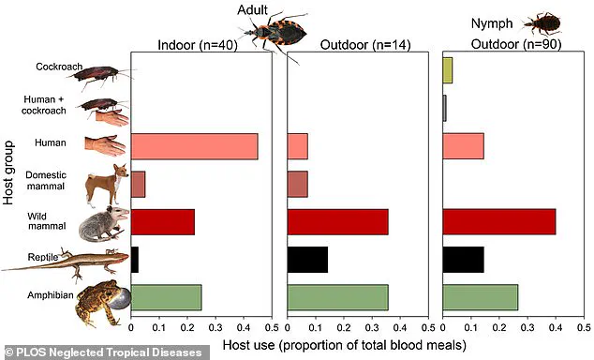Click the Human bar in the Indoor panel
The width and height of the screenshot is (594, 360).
pos(194,146)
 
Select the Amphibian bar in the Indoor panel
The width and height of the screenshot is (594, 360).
pos(166,297)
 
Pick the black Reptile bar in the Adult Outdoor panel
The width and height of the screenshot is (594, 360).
pos(307,259)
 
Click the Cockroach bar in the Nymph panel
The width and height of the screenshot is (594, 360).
pos(447,70)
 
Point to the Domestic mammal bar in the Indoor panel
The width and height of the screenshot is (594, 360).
pos(138,184)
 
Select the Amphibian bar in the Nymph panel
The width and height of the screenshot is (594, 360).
pos(480,297)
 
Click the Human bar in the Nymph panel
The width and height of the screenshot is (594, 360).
pos(463,146)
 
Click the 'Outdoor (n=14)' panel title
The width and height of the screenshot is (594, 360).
pos(358,44)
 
